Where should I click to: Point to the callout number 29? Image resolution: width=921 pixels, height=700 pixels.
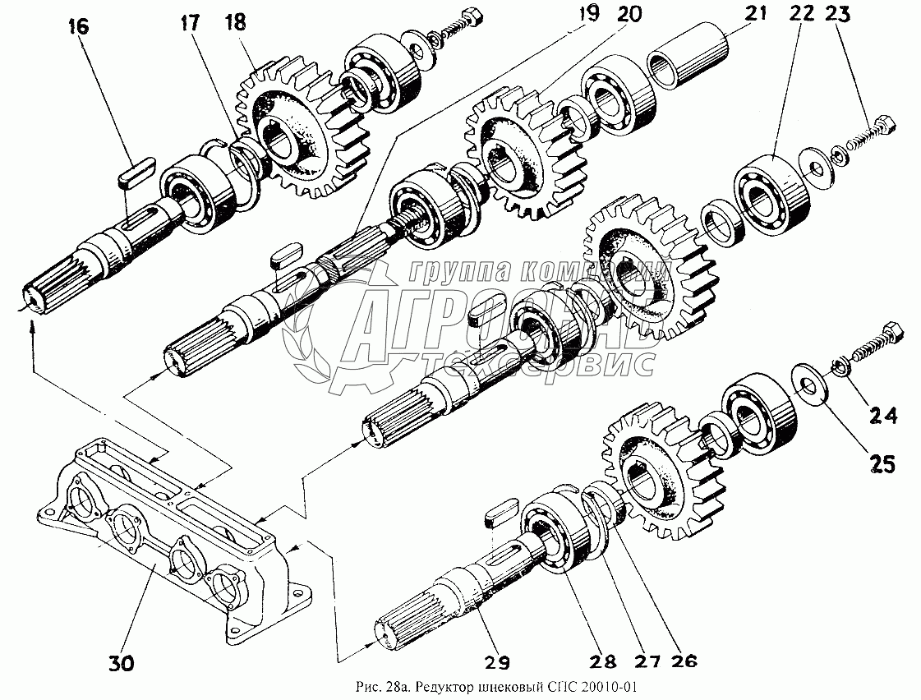pyautogui.click(x=497, y=661)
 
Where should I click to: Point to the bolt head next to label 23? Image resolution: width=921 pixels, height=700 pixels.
pyautogui.click(x=883, y=125)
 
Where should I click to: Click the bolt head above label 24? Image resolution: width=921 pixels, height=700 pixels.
pyautogui.click(x=891, y=335)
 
